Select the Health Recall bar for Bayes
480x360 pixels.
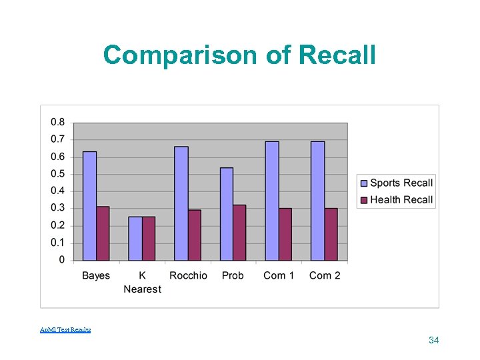tap(103, 233)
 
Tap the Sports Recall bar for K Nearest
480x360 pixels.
tap(135, 238)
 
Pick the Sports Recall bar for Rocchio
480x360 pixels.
tap(181, 203)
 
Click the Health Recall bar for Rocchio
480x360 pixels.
tap(194, 235)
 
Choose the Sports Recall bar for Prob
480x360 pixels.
tap(227, 213)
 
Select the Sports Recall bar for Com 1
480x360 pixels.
tap(272, 201)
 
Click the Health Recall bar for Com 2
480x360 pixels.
tap(331, 234)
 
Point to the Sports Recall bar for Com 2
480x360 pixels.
tap(317, 201)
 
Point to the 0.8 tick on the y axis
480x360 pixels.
tap(58, 122)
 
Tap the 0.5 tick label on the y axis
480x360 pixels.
tap(58, 174)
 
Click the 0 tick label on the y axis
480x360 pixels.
tap(62, 259)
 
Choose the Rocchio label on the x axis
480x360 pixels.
tap(188, 275)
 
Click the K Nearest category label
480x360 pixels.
tap(142, 282)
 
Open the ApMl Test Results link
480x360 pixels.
tap(65, 329)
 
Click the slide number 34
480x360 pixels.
tap(434, 341)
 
